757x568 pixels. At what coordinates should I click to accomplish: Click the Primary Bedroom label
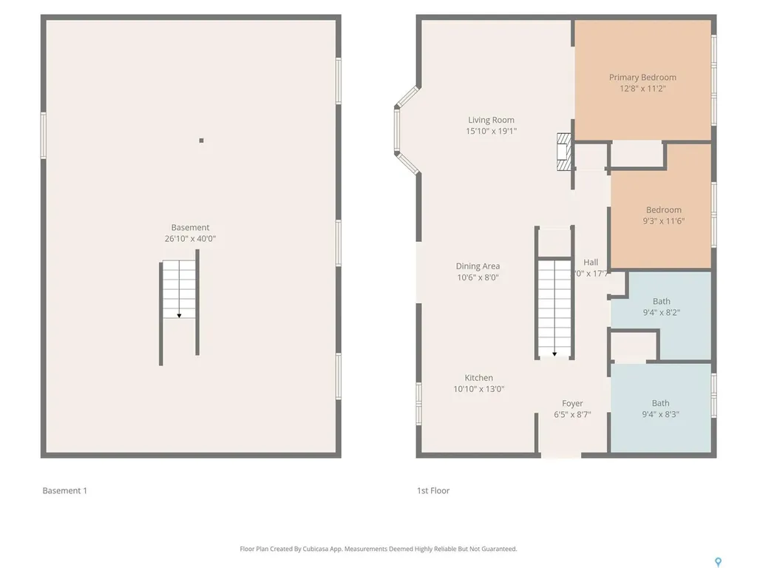click(642, 77)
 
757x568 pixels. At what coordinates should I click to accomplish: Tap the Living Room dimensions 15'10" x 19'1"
click(491, 132)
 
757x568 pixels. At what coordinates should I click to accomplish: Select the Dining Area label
click(478, 266)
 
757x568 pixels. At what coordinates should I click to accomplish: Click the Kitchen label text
click(478, 378)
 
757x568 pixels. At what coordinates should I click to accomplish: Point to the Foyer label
click(572, 404)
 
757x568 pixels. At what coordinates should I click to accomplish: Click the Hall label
click(591, 263)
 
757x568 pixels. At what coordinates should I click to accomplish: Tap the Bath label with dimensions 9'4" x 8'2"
click(661, 301)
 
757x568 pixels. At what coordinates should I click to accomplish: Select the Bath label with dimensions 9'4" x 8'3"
click(660, 403)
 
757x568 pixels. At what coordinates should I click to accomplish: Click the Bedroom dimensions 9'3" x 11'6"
click(663, 220)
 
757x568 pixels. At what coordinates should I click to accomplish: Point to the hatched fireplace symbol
click(564, 152)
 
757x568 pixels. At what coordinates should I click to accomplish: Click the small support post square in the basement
click(201, 141)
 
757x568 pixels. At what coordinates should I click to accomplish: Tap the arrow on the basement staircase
click(179, 314)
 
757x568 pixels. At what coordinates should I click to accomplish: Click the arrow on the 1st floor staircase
click(554, 353)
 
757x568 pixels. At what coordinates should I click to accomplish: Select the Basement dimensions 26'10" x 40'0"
click(190, 239)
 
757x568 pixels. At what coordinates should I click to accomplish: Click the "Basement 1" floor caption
click(64, 490)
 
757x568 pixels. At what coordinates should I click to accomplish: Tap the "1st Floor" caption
click(432, 490)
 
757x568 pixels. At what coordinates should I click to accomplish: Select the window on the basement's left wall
click(44, 135)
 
